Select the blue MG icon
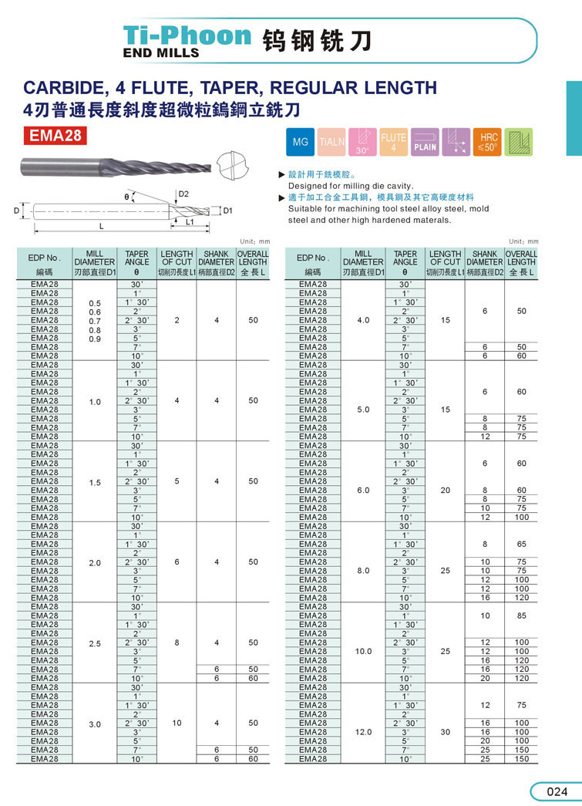click(x=301, y=143)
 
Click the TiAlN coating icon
click(x=331, y=143)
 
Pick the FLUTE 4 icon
click(x=393, y=143)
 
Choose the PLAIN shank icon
click(x=425, y=143)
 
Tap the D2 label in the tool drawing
click(x=183, y=194)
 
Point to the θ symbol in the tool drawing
click(x=126, y=197)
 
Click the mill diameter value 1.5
click(x=95, y=483)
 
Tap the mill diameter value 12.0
click(x=364, y=733)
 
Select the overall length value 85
click(x=522, y=615)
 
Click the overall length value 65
click(x=522, y=544)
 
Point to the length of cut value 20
click(x=445, y=491)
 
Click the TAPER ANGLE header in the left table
click(x=136, y=258)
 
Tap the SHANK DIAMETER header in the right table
click(x=484, y=258)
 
